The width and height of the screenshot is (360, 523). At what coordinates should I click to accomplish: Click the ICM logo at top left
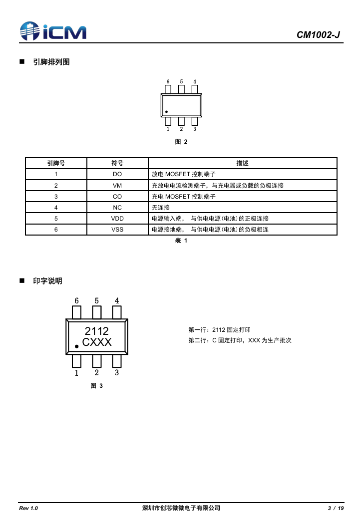52,31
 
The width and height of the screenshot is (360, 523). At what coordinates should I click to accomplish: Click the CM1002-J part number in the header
318,35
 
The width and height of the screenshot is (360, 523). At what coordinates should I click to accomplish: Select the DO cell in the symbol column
117,174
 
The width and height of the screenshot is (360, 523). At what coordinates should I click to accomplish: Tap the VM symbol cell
117,185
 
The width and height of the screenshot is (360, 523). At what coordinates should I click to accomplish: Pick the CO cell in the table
117,196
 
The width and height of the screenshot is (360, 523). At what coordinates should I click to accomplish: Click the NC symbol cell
117,207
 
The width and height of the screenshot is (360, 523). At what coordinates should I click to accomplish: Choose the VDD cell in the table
117,218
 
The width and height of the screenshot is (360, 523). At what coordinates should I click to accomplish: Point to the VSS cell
117,229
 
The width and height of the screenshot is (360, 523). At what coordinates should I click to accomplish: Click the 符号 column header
117,163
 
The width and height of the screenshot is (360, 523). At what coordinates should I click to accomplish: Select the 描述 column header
242,163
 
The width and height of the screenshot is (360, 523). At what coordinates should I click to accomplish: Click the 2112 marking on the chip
97,331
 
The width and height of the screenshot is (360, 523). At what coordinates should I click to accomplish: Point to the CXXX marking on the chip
97,342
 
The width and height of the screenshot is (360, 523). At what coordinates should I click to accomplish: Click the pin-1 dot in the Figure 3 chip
76,346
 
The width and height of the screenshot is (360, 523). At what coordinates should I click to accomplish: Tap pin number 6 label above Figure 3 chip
76,301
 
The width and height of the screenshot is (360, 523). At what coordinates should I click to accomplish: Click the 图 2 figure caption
181,142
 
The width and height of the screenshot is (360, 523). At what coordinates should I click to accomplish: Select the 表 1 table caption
181,241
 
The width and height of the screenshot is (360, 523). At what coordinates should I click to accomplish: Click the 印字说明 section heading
47,281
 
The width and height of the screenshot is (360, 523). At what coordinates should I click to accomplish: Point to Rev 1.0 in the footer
28,508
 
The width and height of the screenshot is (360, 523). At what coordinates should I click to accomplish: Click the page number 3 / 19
336,508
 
